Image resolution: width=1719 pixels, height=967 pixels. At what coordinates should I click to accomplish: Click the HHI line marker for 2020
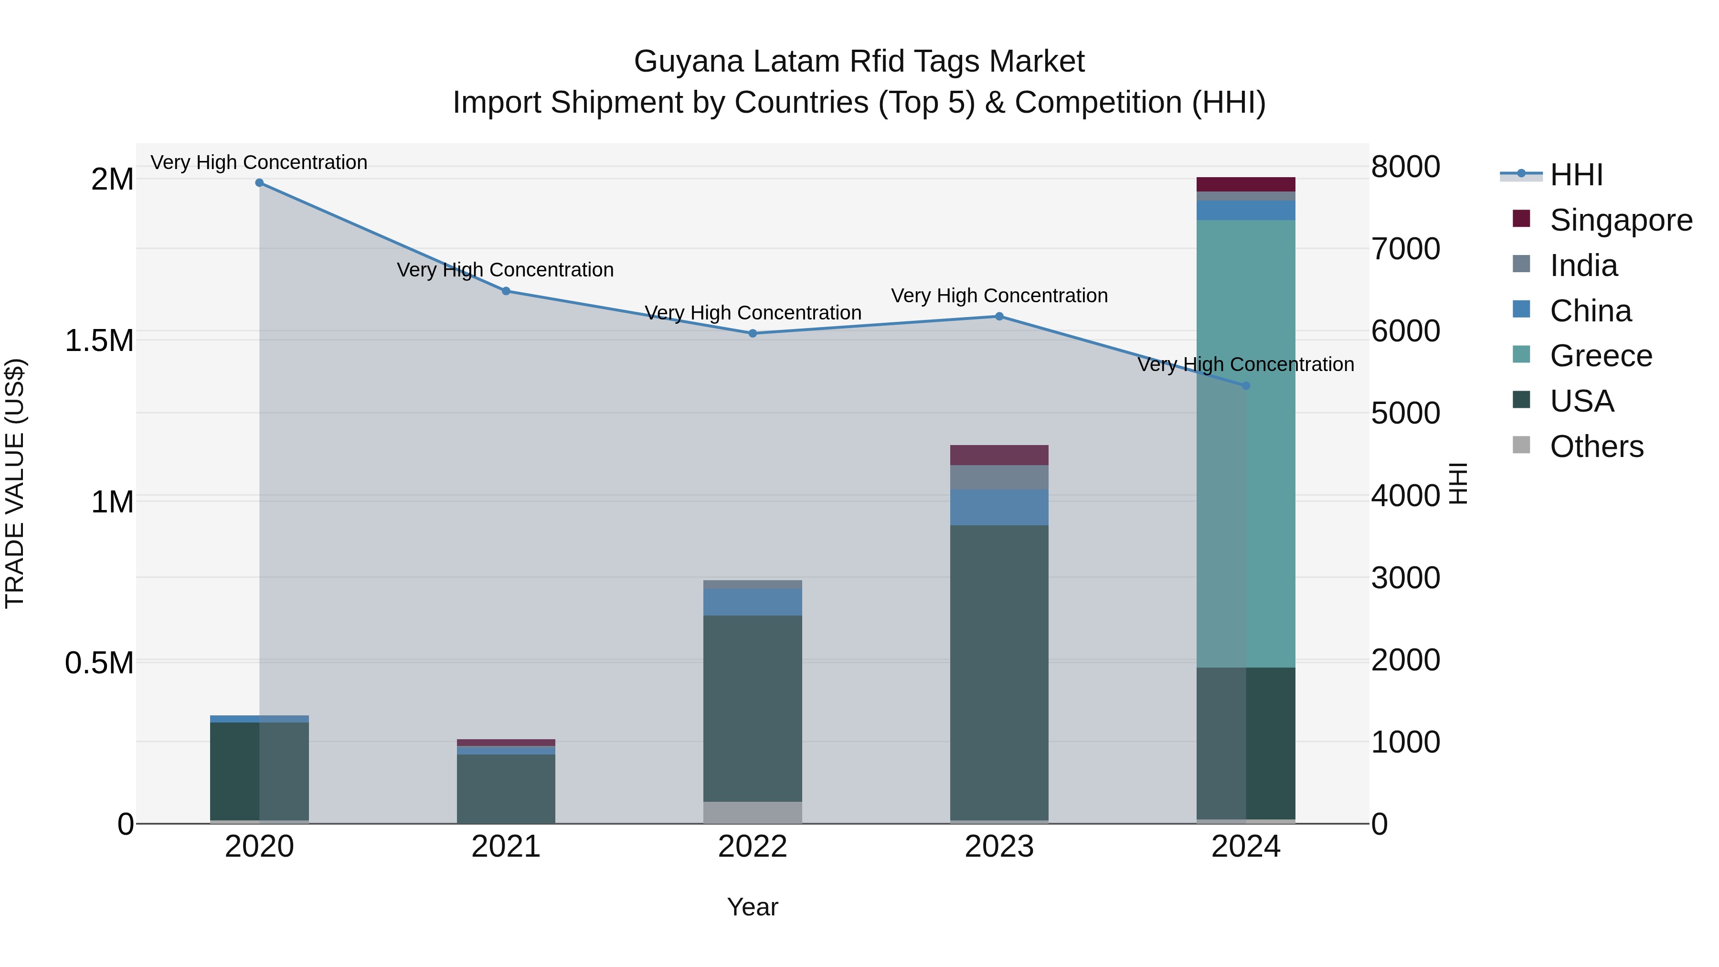[x=260, y=183]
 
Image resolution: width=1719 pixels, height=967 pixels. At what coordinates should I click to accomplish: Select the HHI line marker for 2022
[x=753, y=333]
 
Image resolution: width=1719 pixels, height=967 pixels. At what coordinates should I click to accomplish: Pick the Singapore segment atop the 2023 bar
[x=999, y=455]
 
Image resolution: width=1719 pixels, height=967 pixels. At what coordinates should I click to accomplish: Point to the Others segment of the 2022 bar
[x=753, y=812]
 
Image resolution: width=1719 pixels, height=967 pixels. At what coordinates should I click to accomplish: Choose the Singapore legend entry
[x=1620, y=220]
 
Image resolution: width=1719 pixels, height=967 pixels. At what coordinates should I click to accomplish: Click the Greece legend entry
[x=1600, y=356]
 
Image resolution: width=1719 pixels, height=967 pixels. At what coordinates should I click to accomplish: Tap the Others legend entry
[x=1596, y=446]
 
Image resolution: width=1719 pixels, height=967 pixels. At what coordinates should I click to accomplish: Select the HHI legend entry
[x=1576, y=175]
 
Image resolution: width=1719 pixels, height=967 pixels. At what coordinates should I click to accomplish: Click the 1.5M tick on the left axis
[x=99, y=340]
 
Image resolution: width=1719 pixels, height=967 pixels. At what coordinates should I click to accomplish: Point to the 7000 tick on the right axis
[x=1405, y=249]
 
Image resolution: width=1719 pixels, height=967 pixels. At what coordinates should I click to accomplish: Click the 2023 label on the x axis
[x=999, y=847]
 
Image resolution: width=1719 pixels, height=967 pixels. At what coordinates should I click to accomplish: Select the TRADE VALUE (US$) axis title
[x=15, y=484]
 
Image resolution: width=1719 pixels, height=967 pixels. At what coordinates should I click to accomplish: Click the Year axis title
[x=752, y=907]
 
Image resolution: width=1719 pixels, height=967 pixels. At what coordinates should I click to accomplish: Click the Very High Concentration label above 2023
[x=999, y=296]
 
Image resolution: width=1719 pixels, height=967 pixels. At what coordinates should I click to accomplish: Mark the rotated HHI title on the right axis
[x=1459, y=484]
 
